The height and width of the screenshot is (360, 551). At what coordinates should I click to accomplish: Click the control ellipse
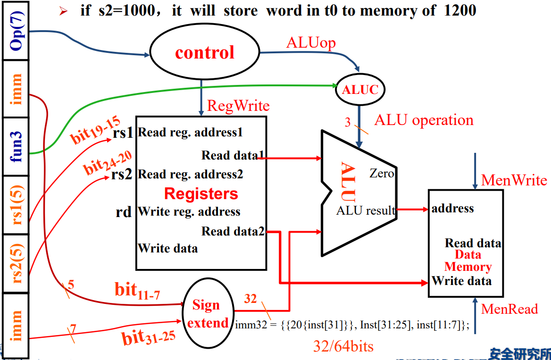(204, 52)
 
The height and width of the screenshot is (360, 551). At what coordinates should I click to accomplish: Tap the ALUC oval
(360, 90)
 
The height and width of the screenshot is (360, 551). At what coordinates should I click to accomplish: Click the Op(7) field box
(16, 31)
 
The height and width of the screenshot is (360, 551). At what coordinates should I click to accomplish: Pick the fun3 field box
(16, 147)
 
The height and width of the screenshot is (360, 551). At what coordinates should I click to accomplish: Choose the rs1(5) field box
(16, 205)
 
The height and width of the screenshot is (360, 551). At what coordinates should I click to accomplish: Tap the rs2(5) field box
(16, 263)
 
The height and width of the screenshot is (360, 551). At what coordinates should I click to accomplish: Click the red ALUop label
(311, 43)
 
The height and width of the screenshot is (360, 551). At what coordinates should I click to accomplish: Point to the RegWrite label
(238, 106)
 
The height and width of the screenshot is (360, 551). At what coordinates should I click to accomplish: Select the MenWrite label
(514, 180)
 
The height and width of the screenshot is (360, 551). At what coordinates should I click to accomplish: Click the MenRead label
(509, 309)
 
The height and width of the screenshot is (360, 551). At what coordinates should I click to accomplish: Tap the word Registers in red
(201, 193)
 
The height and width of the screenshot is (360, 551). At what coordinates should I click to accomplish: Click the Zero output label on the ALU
(382, 174)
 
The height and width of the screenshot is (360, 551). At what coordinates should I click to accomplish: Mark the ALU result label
(366, 210)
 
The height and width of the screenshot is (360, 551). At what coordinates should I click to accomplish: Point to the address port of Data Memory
(452, 208)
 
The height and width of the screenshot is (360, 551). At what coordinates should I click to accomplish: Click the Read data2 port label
(233, 231)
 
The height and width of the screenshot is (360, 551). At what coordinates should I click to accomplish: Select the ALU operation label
(424, 120)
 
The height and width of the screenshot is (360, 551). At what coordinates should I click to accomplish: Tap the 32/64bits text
(343, 346)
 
